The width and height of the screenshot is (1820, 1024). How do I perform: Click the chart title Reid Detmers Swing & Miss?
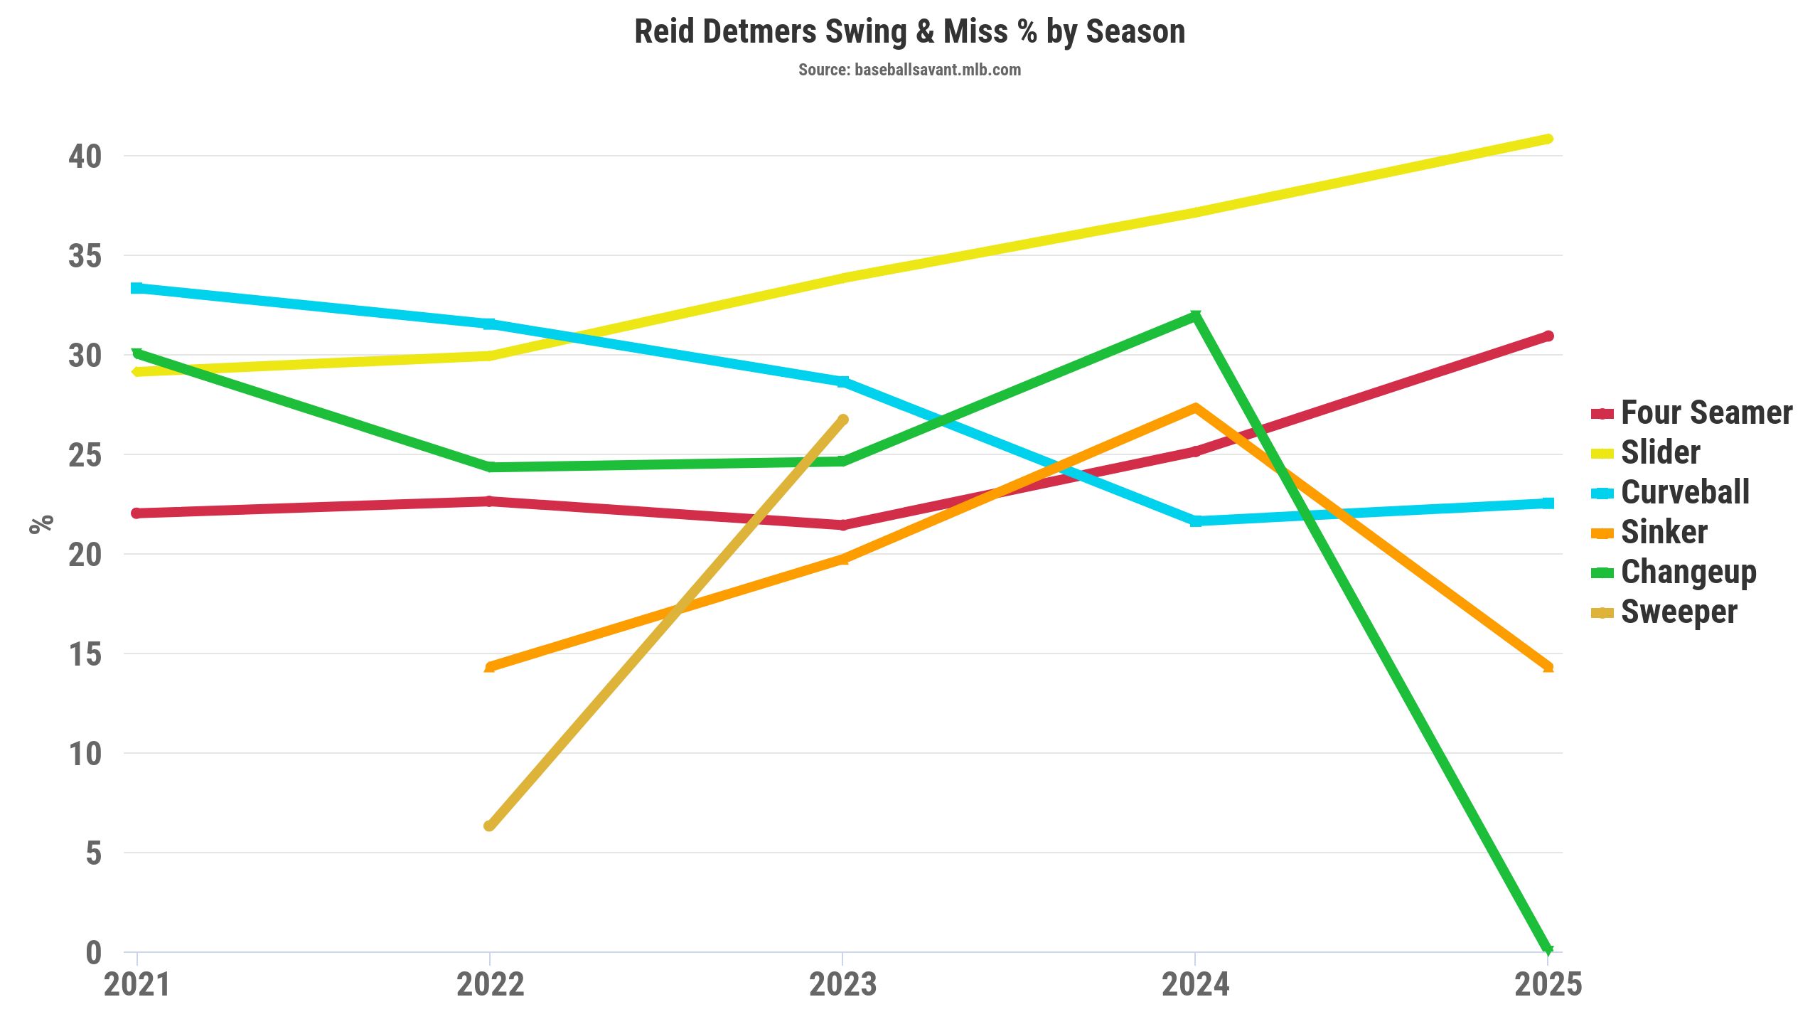click(x=909, y=32)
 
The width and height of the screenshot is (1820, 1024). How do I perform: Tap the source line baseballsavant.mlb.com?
click(x=909, y=70)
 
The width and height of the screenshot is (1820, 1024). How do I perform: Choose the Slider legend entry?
click(x=1660, y=453)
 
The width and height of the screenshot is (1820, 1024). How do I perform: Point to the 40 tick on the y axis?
click(x=85, y=156)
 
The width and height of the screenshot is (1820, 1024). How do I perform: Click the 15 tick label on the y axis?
click(x=85, y=654)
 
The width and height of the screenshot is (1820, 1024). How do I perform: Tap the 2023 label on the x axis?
click(x=842, y=985)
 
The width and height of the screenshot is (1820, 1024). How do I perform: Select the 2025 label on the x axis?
click(x=1548, y=985)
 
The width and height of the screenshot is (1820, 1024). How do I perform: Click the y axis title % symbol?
click(x=41, y=524)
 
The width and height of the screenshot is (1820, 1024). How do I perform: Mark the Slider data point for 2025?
click(x=1548, y=139)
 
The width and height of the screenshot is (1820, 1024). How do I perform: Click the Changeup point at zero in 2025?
click(x=1548, y=950)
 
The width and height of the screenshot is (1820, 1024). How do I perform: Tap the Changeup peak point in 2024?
click(x=1196, y=316)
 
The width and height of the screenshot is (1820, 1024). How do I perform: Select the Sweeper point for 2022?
click(x=489, y=826)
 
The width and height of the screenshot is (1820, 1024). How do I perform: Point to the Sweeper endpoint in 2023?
click(x=843, y=420)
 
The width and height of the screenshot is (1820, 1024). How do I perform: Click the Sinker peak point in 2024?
click(x=1196, y=407)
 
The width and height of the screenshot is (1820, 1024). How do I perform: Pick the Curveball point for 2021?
click(x=136, y=288)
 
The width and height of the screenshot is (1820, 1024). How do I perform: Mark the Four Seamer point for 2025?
click(x=1548, y=336)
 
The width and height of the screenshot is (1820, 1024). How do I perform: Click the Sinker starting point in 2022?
click(x=489, y=667)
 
